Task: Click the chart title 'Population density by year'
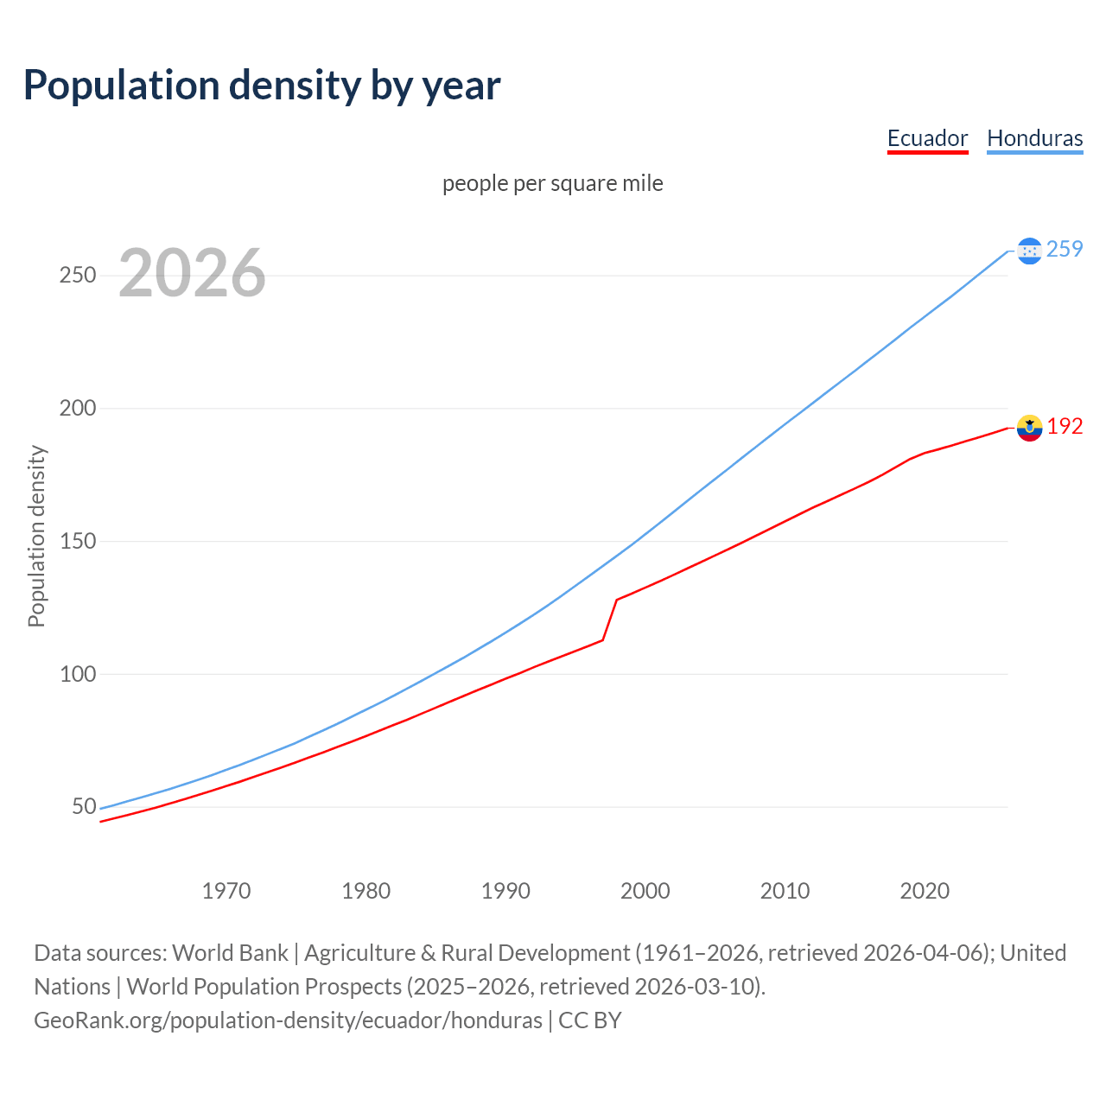point(262,85)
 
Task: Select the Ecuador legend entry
point(927,138)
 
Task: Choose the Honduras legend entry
point(1034,138)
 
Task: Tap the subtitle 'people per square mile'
point(552,183)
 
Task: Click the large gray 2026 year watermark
point(192,273)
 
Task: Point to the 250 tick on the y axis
point(77,276)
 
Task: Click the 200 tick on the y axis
point(77,408)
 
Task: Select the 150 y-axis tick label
point(77,541)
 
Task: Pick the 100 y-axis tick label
point(77,674)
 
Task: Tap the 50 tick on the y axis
point(84,806)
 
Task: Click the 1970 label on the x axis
point(226,890)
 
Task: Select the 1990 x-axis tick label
point(505,890)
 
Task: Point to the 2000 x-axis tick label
point(645,890)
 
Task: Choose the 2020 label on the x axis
point(925,890)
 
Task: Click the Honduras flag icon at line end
point(1029,251)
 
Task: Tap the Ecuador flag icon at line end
point(1029,427)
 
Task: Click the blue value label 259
point(1065,250)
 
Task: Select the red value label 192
point(1065,427)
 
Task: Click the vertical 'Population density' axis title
point(36,536)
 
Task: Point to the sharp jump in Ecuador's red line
point(610,619)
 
